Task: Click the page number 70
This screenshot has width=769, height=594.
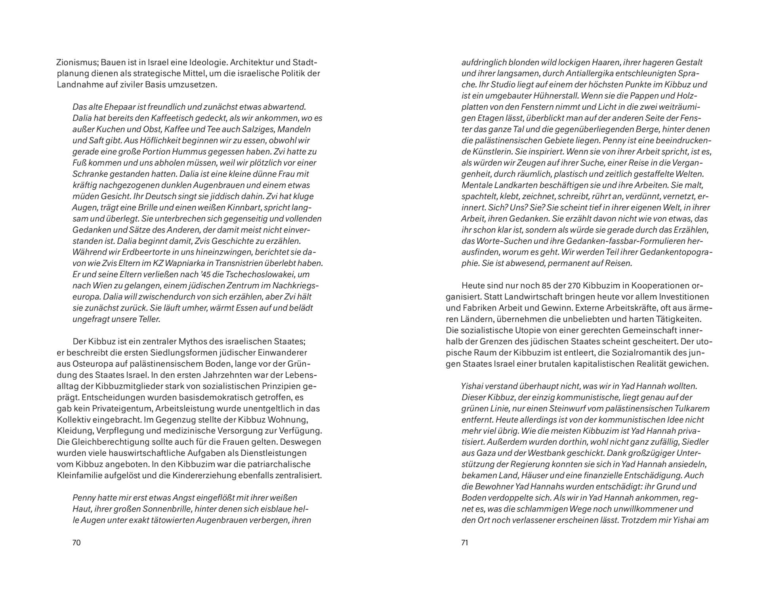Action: tap(76, 543)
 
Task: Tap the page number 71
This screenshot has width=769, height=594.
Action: tap(465, 543)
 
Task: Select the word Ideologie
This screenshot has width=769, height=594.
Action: tap(208, 63)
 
